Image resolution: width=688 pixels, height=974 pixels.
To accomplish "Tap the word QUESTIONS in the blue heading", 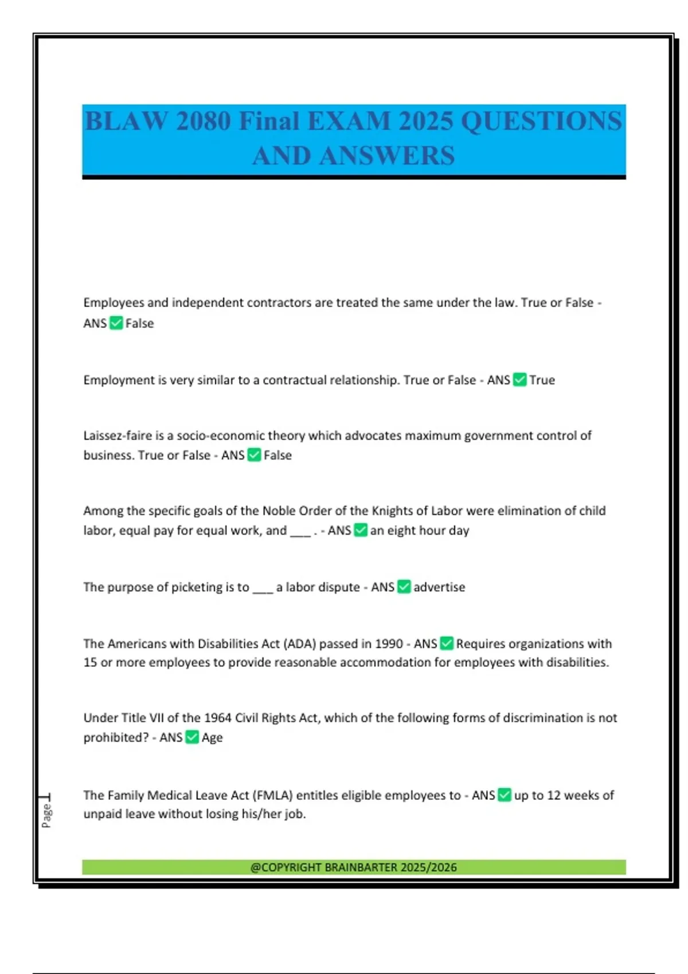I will point(541,121).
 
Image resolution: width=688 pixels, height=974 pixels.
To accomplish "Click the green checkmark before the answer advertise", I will point(404,587).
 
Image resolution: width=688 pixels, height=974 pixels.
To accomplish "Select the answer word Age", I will point(212,737).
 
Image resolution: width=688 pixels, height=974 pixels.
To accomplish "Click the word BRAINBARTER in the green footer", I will point(361,867).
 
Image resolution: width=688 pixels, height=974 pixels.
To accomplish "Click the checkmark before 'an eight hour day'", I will point(361,531).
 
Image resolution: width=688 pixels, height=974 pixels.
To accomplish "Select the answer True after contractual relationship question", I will point(542,380).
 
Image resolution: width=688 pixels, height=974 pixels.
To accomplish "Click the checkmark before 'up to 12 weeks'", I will point(505,795).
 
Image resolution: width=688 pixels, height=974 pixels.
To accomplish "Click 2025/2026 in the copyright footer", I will point(429,867).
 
